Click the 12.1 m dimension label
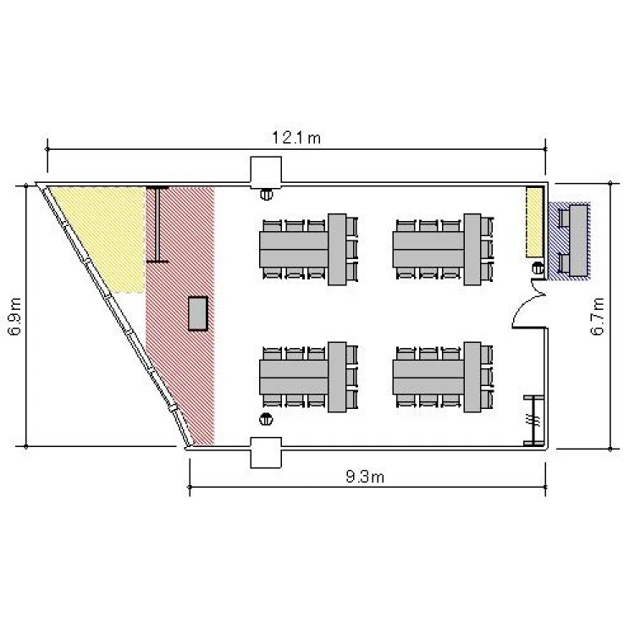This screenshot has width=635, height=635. (296, 138)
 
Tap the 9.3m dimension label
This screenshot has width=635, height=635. (365, 477)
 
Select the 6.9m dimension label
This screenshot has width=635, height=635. (14, 317)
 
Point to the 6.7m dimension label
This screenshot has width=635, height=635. (597, 317)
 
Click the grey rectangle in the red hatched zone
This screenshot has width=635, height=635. (198, 313)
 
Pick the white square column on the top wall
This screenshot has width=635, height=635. (266, 173)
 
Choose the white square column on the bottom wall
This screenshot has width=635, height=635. (266, 452)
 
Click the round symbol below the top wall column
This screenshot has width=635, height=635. (266, 195)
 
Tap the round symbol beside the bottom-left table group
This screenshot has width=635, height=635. (266, 419)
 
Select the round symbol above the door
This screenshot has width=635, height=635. (538, 268)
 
